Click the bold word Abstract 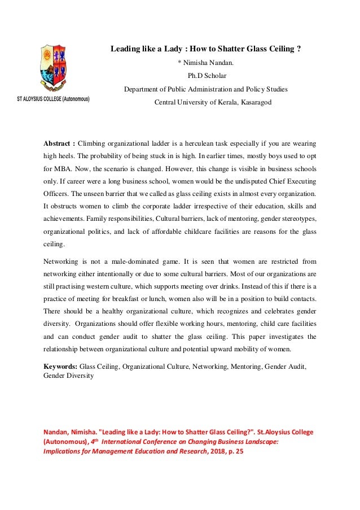[x=58, y=142]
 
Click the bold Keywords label [x=62, y=366]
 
